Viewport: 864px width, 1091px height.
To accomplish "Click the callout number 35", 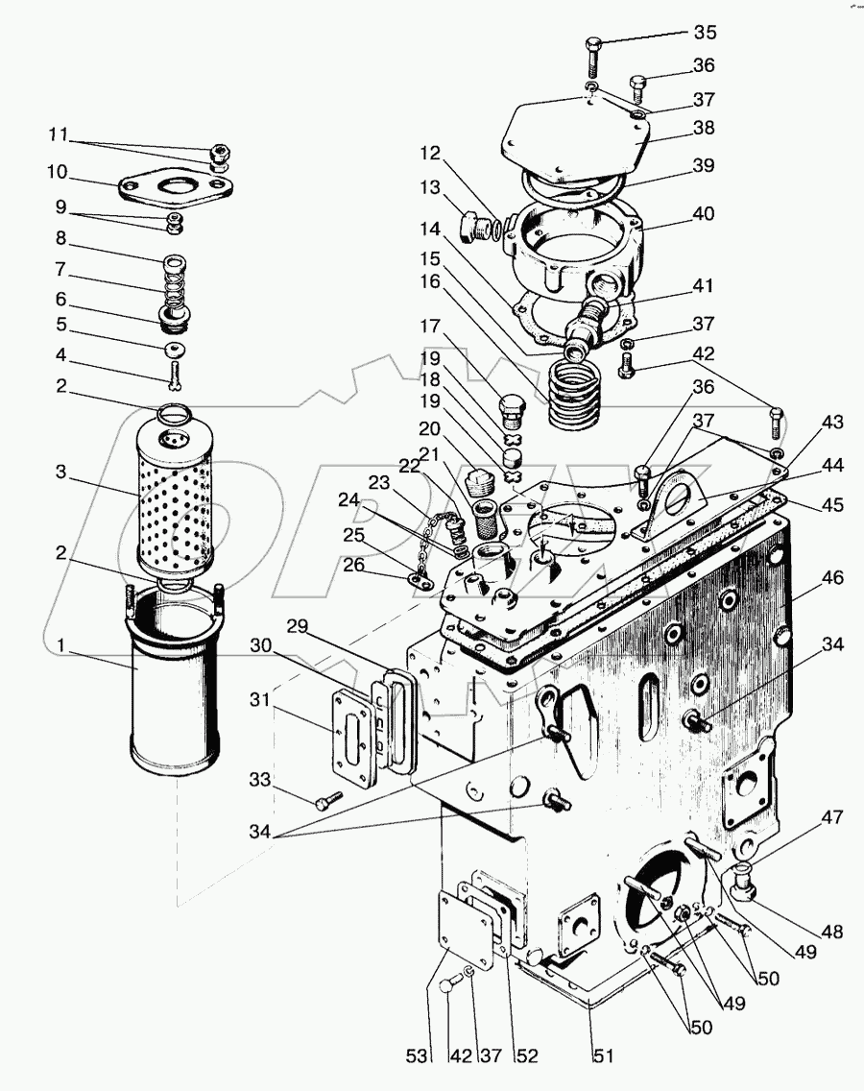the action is (x=705, y=32).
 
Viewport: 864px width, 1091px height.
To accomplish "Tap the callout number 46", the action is (x=832, y=577).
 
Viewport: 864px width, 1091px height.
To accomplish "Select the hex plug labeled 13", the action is (x=476, y=224).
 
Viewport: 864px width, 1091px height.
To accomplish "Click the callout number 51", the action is (x=603, y=1055).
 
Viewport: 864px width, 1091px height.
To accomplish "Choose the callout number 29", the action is (x=297, y=626).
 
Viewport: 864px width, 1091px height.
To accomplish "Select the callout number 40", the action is (x=704, y=213).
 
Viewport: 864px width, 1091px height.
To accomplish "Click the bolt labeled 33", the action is (x=328, y=802).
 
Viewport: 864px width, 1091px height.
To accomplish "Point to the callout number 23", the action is (x=379, y=482).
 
